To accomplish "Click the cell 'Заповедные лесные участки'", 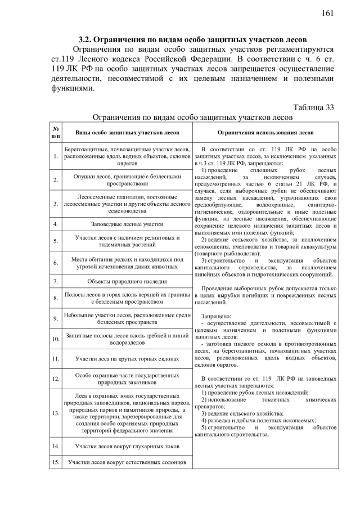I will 127,224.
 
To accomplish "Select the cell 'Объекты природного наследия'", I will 127,281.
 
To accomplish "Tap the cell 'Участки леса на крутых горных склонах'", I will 127,358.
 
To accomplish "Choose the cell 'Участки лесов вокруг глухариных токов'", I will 127,446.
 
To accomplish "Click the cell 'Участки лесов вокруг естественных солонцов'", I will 127,462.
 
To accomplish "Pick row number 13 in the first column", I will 56,413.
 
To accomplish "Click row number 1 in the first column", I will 56,156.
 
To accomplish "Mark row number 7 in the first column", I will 56,281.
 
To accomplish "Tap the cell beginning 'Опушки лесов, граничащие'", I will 127,180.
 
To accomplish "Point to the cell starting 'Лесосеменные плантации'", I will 127,203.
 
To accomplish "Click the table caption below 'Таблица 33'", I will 192,118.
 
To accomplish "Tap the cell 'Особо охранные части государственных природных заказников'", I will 127,379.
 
